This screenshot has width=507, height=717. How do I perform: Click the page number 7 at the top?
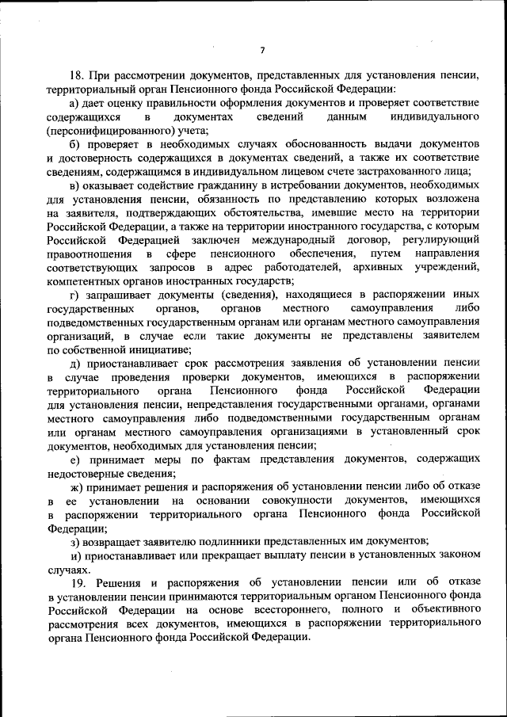coord(262,51)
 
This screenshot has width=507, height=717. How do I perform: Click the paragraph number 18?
coord(77,76)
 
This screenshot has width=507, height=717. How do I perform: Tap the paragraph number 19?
coord(77,583)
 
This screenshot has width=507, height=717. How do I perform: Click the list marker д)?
coord(75,363)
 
